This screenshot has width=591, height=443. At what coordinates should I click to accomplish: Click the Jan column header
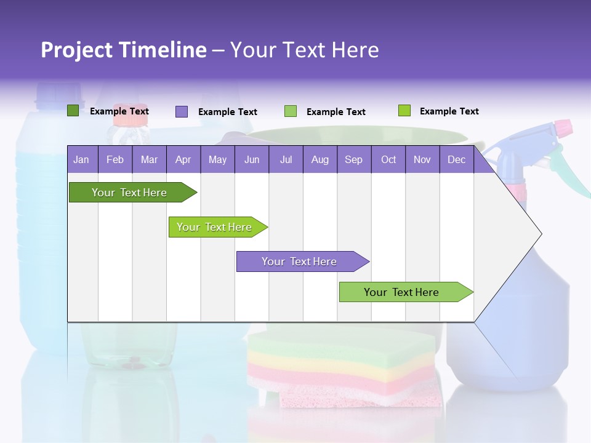(81, 160)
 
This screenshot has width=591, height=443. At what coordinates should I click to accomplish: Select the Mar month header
(149, 160)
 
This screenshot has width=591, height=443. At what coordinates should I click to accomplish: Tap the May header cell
(217, 160)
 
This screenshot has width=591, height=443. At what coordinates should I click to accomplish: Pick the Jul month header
(286, 160)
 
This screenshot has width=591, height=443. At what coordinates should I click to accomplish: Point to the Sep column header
(353, 160)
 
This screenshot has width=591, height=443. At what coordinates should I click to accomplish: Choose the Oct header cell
(388, 160)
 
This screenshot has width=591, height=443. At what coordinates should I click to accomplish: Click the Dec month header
(456, 160)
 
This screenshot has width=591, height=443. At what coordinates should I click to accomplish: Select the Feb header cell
(115, 160)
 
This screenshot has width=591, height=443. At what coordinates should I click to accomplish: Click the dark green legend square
(73, 111)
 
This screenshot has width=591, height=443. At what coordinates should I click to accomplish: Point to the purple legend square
(181, 111)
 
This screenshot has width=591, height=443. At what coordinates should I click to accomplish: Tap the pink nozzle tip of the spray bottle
(563, 128)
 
